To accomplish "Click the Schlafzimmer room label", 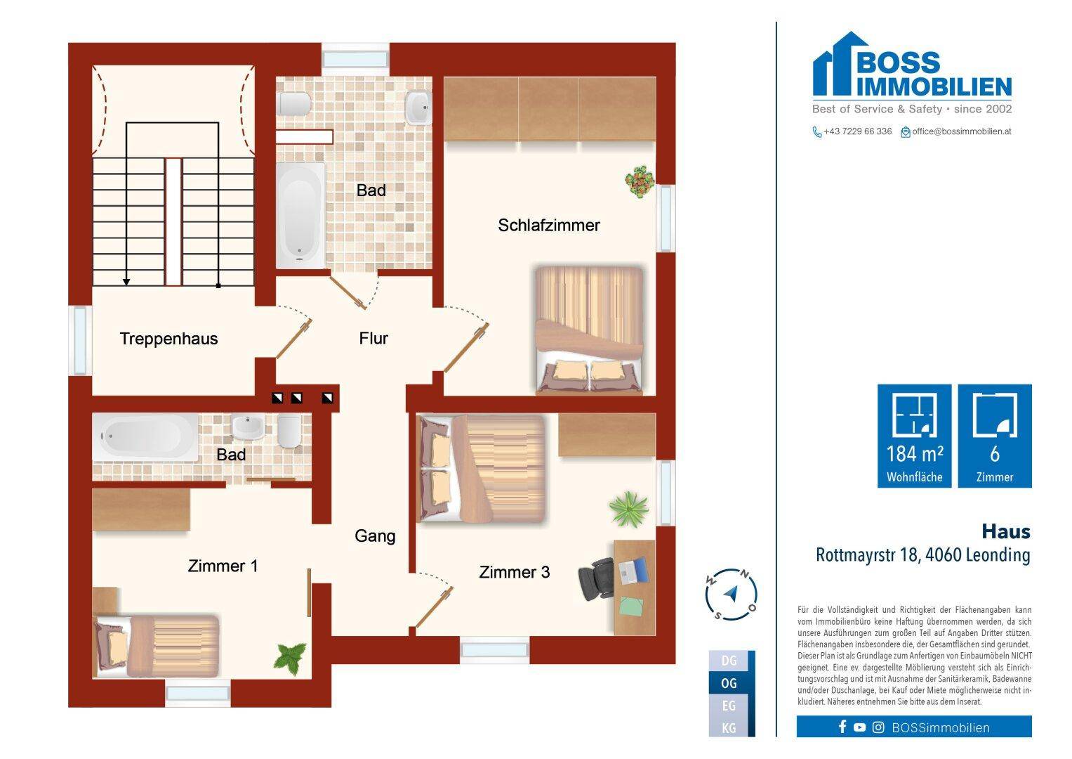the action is point(549,225).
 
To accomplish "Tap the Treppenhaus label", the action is point(169,339).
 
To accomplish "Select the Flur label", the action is point(373,338).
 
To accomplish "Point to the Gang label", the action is point(375,536).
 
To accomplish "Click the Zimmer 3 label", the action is point(515,572).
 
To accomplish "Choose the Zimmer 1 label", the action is point(223,566).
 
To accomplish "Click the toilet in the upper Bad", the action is point(294,104).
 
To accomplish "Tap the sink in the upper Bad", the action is point(418,108).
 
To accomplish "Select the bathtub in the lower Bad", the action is point(145,436).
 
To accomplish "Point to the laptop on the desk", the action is point(633,570).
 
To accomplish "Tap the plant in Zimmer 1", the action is point(290,659).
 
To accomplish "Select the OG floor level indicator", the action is point(729,683).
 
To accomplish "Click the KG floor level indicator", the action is point(729,728).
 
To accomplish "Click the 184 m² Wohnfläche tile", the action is point(915,436).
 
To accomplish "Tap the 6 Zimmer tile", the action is point(995,436).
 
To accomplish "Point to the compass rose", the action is point(731,595).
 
